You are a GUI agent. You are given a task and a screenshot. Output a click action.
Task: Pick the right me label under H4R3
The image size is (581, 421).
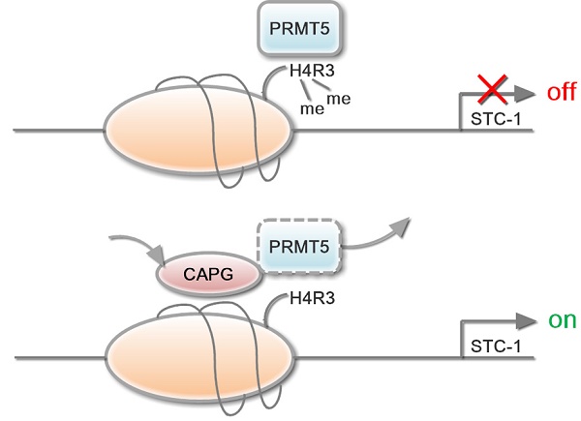(338, 98)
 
